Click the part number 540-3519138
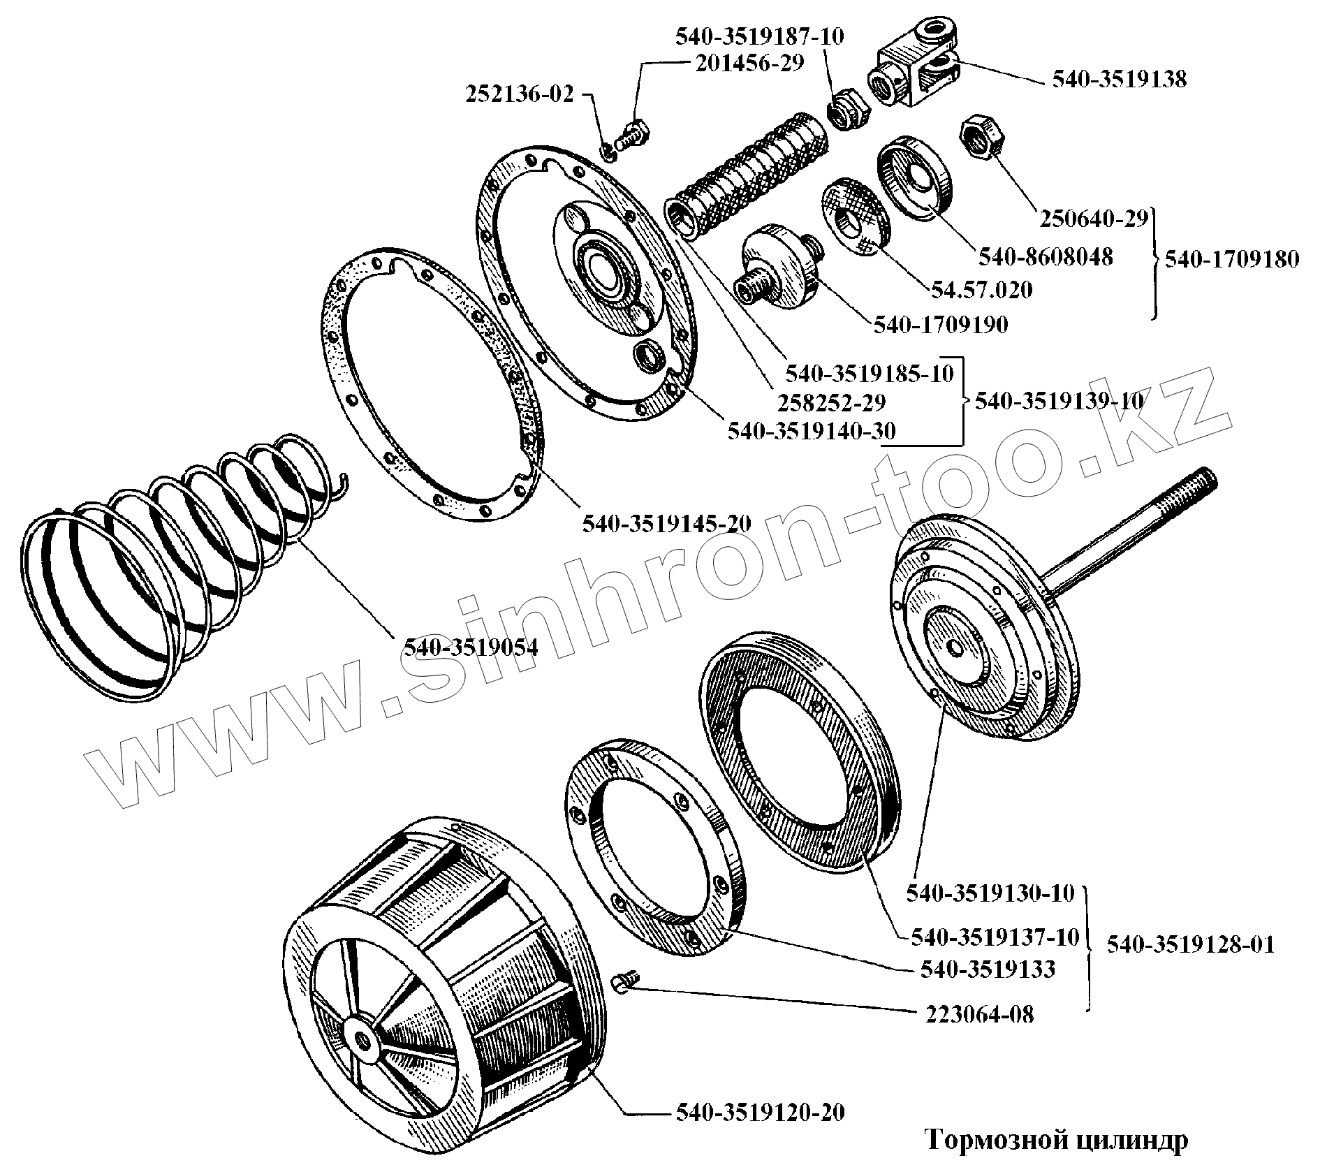[1119, 80]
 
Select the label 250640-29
[1094, 219]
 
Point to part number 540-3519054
[471, 647]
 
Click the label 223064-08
[980, 1014]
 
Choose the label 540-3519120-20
[760, 1112]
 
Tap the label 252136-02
[520, 94]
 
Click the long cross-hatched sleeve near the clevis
[749, 175]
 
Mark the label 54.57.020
[981, 289]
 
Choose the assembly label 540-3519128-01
[1191, 945]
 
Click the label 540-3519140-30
[812, 431]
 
